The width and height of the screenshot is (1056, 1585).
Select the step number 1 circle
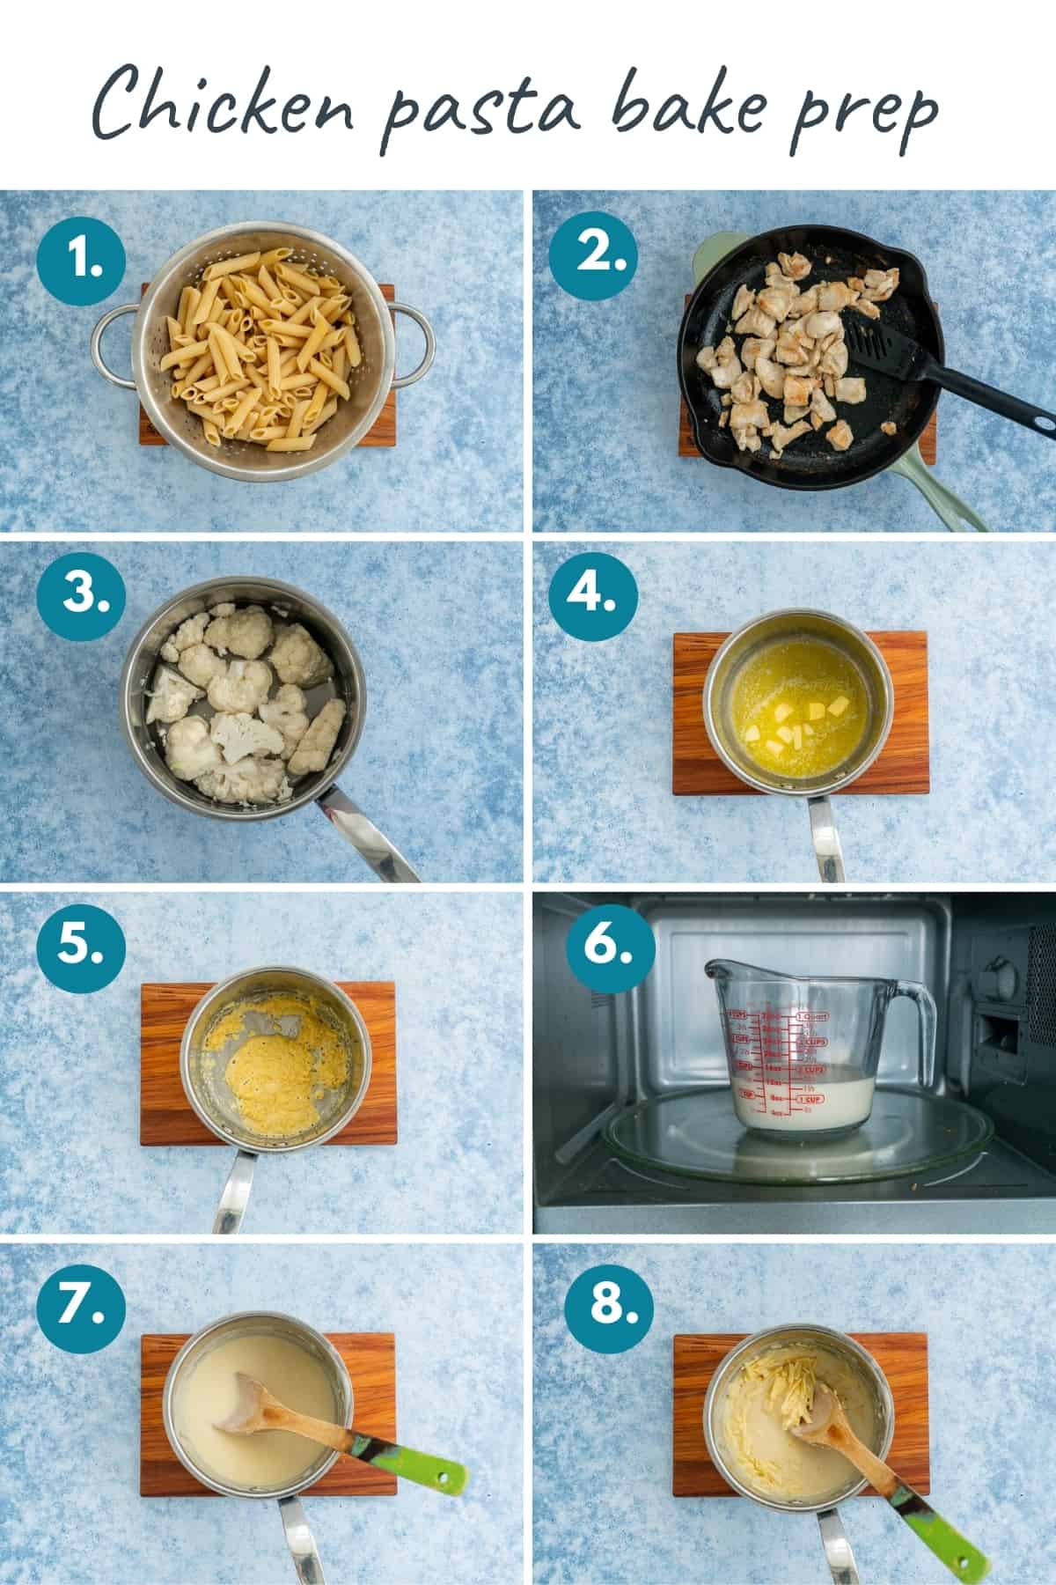(82, 260)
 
